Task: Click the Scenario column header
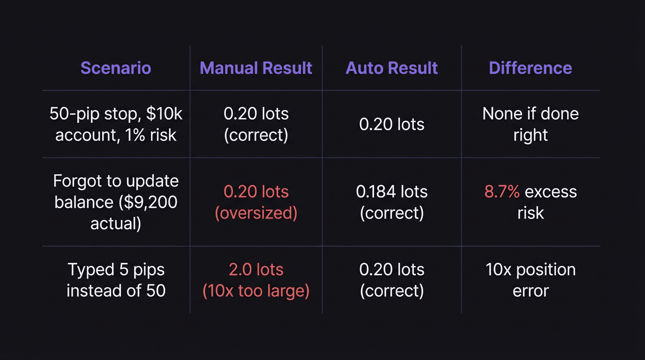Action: pyautogui.click(x=116, y=68)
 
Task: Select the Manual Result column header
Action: pyautogui.click(x=256, y=68)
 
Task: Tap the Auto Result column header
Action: pyautogui.click(x=391, y=68)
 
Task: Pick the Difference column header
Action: pyautogui.click(x=530, y=68)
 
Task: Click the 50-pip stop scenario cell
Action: pyautogui.click(x=116, y=124)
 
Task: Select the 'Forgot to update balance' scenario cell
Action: pyautogui.click(x=116, y=202)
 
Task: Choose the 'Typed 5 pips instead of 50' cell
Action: pyautogui.click(x=116, y=280)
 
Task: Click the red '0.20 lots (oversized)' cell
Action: pyautogui.click(x=256, y=202)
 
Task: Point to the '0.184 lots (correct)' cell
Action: pyautogui.click(x=391, y=202)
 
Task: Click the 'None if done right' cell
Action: pyautogui.click(x=530, y=124)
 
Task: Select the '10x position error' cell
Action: pyautogui.click(x=530, y=280)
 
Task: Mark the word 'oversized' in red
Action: pyautogui.click(x=256, y=213)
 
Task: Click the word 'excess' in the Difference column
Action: pyautogui.click(x=551, y=192)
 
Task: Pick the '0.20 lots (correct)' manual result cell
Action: pyautogui.click(x=256, y=124)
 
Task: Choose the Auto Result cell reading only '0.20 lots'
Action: pyautogui.click(x=391, y=124)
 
